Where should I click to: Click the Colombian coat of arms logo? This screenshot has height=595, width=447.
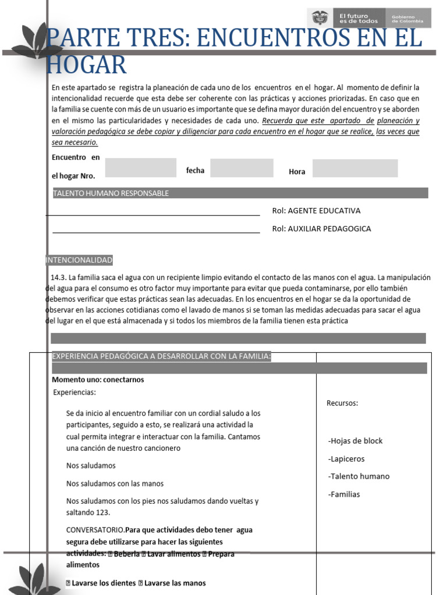pyautogui.click(x=320, y=17)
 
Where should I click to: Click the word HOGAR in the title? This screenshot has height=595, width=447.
pyautogui.click(x=86, y=64)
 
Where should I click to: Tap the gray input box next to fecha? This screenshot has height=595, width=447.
pyautogui.click(x=242, y=168)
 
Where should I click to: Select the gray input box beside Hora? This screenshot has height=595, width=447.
pyautogui.click(x=355, y=169)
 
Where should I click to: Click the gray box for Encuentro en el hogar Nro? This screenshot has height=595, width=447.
pyautogui.click(x=140, y=167)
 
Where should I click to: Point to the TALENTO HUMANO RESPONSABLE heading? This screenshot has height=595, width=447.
pyautogui.click(x=111, y=193)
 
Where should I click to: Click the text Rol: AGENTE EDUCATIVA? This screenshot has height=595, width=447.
pyautogui.click(x=316, y=211)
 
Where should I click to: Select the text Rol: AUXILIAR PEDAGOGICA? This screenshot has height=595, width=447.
pyautogui.click(x=321, y=229)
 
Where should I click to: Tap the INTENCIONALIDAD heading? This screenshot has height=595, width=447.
pyautogui.click(x=79, y=260)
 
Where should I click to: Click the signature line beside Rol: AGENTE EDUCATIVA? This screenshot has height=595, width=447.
pyautogui.click(x=152, y=215)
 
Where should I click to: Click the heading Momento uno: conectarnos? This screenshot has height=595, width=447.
pyautogui.click(x=98, y=380)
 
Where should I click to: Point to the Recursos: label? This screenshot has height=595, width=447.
pyautogui.click(x=342, y=403)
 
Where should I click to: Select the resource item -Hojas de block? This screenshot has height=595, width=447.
pyautogui.click(x=355, y=441)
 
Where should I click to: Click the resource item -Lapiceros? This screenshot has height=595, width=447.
pyautogui.click(x=346, y=459)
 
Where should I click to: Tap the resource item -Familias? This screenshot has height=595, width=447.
pyautogui.click(x=344, y=494)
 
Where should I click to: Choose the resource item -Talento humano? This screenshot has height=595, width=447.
pyautogui.click(x=359, y=476)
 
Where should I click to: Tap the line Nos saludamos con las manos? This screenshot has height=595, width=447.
pyautogui.click(x=115, y=483)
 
